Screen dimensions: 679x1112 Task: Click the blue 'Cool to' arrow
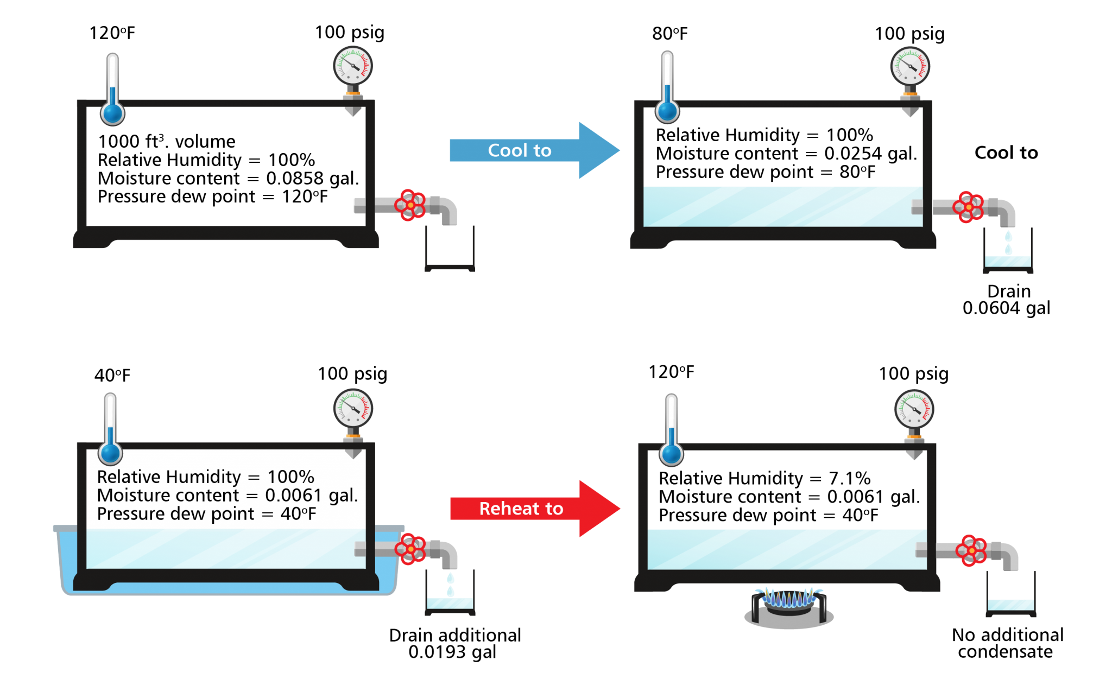click(521, 150)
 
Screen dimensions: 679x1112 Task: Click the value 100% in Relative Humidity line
click(290, 477)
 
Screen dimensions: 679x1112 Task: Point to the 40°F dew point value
click(298, 514)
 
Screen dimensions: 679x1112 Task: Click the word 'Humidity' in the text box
click(204, 477)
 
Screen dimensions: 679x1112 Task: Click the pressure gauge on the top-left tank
click(353, 66)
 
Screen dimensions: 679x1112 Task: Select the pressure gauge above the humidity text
click(353, 408)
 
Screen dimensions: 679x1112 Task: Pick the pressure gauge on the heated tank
click(914, 409)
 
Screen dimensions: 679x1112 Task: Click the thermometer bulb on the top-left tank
click(112, 113)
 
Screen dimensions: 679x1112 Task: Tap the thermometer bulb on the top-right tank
click(667, 111)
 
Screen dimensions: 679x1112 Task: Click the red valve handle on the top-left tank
click(410, 205)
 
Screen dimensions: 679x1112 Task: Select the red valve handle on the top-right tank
click(968, 207)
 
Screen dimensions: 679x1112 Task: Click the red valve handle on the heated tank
click(971, 550)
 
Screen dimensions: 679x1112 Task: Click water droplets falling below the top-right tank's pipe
click(1008, 243)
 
